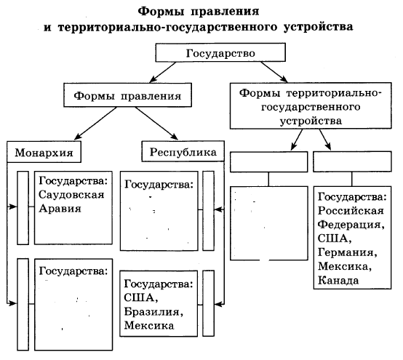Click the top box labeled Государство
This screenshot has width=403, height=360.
click(x=220, y=52)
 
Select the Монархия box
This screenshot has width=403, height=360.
click(x=44, y=151)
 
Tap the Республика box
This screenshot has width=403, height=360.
click(x=183, y=151)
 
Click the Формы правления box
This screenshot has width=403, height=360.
click(x=127, y=95)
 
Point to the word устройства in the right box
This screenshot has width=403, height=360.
click(x=311, y=121)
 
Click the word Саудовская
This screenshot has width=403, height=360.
click(x=71, y=194)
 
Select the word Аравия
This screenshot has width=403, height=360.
click(x=60, y=208)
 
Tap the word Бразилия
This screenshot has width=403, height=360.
click(x=153, y=312)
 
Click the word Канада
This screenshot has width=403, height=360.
click(x=338, y=280)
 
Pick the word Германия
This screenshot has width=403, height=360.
click(x=348, y=252)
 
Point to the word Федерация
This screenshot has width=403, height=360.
click(x=351, y=225)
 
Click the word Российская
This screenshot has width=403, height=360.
click(x=351, y=211)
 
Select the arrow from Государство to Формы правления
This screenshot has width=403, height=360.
click(x=163, y=72)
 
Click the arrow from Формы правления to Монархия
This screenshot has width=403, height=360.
click(x=95, y=124)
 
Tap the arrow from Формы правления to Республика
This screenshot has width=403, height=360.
click(x=156, y=124)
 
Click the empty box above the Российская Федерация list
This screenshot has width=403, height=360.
click(x=352, y=161)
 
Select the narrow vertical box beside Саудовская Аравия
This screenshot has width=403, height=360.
click(x=23, y=207)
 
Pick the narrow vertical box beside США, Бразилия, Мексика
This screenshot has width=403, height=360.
click(x=208, y=303)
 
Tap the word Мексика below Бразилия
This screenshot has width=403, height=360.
click(x=149, y=325)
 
